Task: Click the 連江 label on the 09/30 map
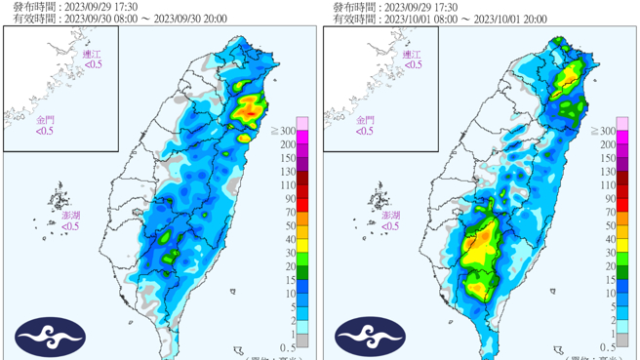(x=92, y=55)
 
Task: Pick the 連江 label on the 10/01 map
(x=413, y=55)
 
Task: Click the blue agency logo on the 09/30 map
(x=50, y=337)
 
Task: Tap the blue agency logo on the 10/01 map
(x=371, y=337)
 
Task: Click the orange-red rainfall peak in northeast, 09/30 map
(x=252, y=109)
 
